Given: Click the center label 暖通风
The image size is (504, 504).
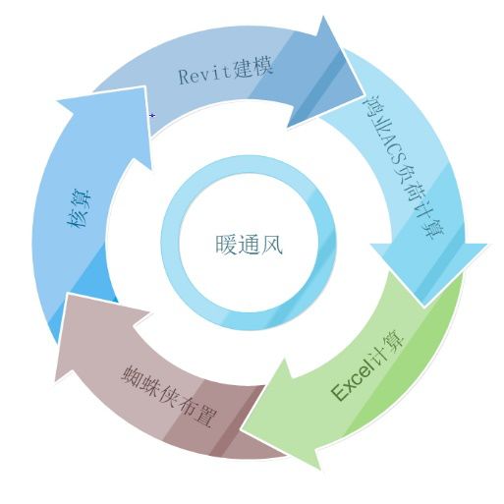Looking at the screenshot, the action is (x=249, y=244).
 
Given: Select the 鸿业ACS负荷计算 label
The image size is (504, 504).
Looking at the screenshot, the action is (x=404, y=168).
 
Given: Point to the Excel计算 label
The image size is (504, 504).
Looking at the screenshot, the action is (x=368, y=365).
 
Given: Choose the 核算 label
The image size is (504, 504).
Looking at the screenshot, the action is (x=80, y=208).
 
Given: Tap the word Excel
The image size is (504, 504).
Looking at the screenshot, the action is (x=352, y=382).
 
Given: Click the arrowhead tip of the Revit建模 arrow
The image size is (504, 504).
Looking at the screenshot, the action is (x=364, y=95).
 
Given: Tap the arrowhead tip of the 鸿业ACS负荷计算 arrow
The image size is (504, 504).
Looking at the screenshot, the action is (x=423, y=307).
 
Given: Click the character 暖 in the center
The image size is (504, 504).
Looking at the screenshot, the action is (x=226, y=245).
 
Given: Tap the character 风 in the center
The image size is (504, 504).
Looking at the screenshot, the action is (x=272, y=245).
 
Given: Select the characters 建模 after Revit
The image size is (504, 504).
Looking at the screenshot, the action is (x=253, y=68).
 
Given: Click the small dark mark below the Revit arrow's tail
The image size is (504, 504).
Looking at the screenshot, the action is (x=152, y=115).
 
